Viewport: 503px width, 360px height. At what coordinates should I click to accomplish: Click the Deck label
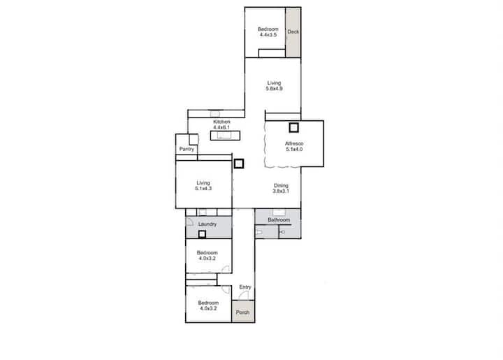[293, 31]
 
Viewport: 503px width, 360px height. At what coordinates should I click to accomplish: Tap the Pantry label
[187, 149]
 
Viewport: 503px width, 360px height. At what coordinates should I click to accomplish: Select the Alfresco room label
[294, 143]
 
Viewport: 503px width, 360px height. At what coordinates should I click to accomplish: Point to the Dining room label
[281, 185]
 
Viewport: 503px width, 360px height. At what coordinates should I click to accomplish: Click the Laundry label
[207, 224]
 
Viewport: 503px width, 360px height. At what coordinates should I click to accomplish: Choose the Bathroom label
[279, 219]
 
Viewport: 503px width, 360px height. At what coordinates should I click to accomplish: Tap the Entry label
[245, 287]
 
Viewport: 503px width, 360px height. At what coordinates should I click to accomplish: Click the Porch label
[242, 312]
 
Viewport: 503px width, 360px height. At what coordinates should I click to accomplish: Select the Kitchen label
[221, 122]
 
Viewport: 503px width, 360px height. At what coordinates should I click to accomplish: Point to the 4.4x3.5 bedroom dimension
[268, 35]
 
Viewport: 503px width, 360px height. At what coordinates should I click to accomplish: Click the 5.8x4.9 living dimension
[275, 89]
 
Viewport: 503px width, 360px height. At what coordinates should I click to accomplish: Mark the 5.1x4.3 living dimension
[203, 188]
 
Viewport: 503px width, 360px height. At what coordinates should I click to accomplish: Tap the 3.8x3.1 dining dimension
[281, 191]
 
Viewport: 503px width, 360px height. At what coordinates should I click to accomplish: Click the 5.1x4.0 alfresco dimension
[294, 149]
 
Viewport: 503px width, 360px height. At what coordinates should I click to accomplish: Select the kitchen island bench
[225, 136]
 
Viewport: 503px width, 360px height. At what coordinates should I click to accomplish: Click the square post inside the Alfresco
[294, 128]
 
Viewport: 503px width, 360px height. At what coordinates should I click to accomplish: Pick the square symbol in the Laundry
[202, 235]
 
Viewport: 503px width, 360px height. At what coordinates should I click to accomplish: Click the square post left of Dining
[239, 164]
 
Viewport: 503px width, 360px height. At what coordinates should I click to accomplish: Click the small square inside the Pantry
[194, 140]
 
